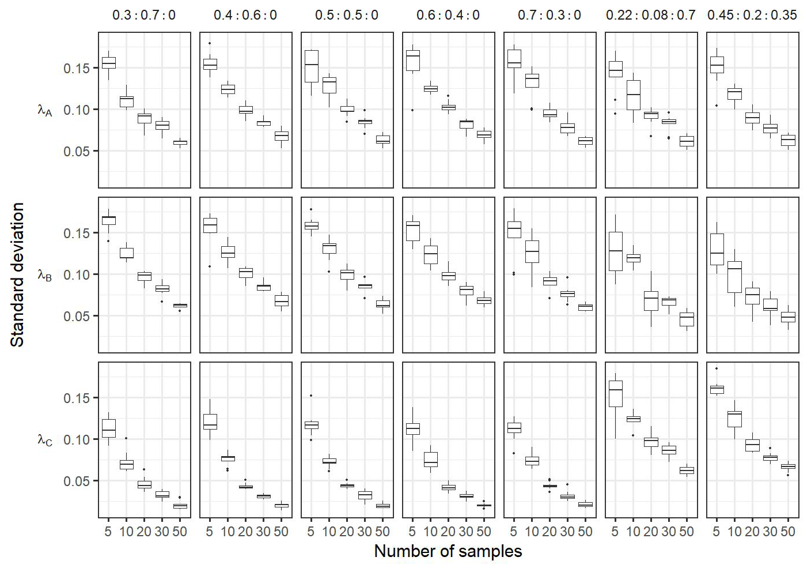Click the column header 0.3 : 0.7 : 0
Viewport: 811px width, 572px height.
144,15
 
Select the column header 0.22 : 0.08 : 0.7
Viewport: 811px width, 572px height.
650,15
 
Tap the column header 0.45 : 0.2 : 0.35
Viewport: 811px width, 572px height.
752,15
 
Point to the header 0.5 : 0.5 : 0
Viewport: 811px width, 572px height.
347,15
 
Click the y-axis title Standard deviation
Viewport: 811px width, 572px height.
18,274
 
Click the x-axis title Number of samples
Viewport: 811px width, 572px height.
448,552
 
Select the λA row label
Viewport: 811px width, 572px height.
45,110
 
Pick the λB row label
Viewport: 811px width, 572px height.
45,275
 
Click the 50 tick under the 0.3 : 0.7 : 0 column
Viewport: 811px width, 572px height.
180,532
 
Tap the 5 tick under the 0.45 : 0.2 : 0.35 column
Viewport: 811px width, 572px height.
717,532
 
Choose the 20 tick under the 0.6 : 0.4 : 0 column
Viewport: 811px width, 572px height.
448,532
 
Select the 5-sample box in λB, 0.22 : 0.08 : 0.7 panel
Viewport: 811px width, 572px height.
615,251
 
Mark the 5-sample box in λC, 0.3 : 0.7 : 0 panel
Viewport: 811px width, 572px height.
108,428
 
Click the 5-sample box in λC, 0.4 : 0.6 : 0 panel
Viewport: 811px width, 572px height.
210,422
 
